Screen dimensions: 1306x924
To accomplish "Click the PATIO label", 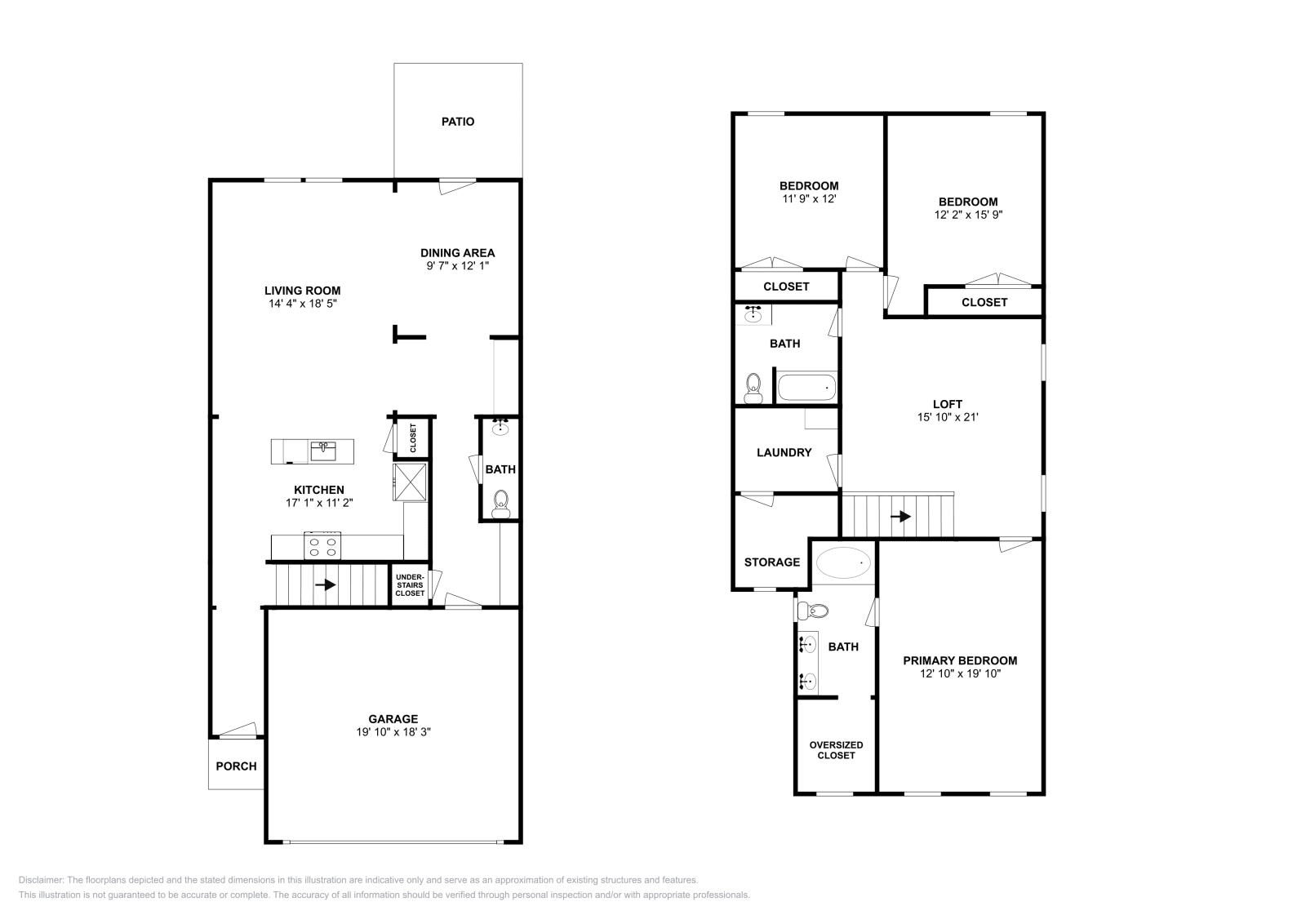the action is (458, 122).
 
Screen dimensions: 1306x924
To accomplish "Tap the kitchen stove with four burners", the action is (322, 545).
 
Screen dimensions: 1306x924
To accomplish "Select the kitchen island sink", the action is (323, 451).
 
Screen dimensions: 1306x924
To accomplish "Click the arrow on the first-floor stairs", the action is (326, 584).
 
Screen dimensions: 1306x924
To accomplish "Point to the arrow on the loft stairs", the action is (901, 517).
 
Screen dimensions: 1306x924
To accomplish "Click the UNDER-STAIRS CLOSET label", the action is (410, 585).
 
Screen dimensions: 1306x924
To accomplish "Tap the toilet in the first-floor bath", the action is (501, 504).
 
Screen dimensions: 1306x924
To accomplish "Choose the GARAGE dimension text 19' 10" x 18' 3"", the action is (393, 731).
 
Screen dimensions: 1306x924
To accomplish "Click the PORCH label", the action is (236, 766).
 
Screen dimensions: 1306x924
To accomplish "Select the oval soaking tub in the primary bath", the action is (843, 562).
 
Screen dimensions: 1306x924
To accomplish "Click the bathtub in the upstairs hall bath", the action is (807, 388).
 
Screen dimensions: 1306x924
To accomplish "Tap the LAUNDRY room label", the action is (784, 452).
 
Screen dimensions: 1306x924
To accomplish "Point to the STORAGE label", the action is (772, 562).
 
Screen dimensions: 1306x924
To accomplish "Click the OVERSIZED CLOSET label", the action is (836, 750).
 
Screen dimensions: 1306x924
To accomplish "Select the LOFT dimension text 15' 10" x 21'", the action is (948, 417).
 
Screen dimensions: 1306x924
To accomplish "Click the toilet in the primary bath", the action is (813, 611).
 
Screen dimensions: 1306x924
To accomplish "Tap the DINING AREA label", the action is (458, 253).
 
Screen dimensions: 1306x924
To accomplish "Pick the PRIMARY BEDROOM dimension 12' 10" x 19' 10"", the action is (960, 673).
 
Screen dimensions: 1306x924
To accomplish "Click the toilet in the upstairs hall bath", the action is (753, 389).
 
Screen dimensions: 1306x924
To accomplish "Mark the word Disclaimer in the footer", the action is (41, 880).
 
